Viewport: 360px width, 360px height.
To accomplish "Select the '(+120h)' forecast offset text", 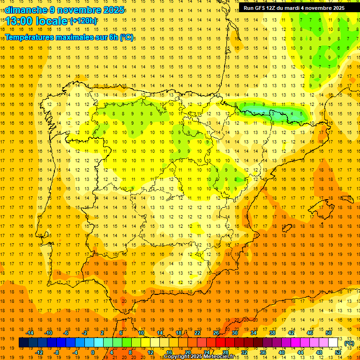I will (83, 21).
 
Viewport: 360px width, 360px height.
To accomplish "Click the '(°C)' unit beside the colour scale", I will (349, 343).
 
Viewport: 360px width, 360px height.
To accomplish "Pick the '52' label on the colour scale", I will (338, 352).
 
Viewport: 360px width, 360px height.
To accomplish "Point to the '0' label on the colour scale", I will (93, 352).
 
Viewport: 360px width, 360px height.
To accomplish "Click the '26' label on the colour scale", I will (216, 333).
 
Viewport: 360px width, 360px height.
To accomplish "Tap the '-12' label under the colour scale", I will (39, 352).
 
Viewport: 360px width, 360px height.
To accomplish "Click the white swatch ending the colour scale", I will (333, 343).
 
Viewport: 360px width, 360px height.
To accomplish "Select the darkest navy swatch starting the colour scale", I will (23, 343).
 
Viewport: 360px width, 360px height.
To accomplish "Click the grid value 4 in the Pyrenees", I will (292, 113).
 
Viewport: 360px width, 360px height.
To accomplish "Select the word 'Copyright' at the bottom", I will (177, 357).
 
